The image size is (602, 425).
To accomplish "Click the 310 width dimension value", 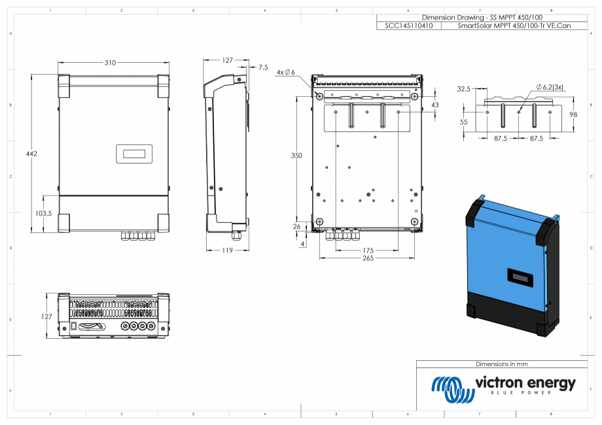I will point(110,63).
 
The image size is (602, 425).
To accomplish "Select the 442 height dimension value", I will point(32,154).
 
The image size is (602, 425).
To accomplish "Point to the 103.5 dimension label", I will point(43,213).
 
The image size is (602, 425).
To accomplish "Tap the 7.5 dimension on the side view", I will point(263,67).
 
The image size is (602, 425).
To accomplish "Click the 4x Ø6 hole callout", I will point(286,72).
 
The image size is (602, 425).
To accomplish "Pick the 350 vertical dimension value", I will point(296,156).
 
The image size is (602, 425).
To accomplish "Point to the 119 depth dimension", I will point(227,250).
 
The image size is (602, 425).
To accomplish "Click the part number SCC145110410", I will point(408,26).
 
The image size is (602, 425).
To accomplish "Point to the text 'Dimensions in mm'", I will point(502,364).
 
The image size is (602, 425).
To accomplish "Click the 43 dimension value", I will point(435,105).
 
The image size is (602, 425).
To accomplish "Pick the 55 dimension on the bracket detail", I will point(464,122).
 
